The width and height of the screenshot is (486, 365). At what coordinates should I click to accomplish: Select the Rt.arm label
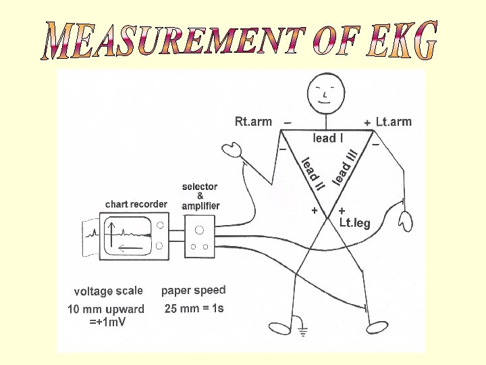(x=253, y=122)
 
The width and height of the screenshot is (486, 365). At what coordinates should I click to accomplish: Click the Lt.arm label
(x=394, y=122)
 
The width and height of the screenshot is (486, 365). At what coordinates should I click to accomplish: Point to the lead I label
(x=328, y=138)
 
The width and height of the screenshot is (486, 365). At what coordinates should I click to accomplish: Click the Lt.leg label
(x=354, y=223)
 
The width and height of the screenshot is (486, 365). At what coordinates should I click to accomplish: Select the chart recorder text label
(x=136, y=203)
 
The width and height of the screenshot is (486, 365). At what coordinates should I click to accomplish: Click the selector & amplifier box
(x=199, y=236)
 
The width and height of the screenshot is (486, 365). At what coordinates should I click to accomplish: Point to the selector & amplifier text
(x=200, y=196)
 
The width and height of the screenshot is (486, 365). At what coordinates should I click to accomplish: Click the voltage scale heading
(x=109, y=291)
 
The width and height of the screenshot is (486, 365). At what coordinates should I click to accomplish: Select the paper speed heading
(x=193, y=290)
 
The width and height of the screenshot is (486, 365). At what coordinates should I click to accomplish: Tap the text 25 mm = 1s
(x=194, y=309)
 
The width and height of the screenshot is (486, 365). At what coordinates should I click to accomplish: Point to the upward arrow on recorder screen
(x=112, y=232)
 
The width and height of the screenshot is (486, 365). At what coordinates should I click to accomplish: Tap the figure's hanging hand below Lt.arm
(x=406, y=220)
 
